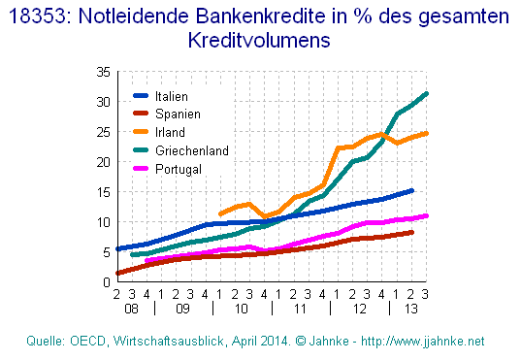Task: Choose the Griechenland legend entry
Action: click(x=191, y=150)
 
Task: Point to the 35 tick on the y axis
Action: click(x=101, y=72)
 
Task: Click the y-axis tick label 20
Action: click(x=101, y=162)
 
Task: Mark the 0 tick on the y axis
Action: click(x=105, y=282)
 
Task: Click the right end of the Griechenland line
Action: click(x=427, y=93)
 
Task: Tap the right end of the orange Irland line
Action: click(x=427, y=133)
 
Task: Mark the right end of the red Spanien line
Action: click(x=412, y=232)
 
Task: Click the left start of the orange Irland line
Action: click(x=221, y=213)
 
